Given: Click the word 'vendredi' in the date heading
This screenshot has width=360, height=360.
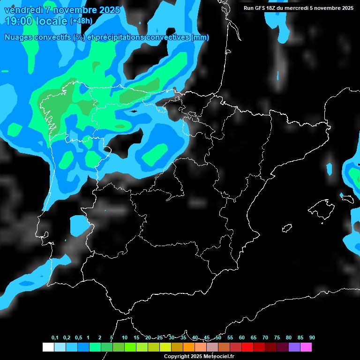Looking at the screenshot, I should click(22, 10).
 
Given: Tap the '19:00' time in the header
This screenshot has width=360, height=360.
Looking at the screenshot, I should click(19, 21).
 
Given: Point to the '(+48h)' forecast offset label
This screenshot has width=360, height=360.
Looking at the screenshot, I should click(81, 21).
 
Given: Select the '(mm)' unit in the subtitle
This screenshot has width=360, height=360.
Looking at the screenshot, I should click(200, 37).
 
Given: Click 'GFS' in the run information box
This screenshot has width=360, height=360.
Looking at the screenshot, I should click(258, 8).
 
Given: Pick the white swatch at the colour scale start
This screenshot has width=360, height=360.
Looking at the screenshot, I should click(48, 347).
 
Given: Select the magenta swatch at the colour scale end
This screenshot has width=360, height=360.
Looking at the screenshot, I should click(306, 347).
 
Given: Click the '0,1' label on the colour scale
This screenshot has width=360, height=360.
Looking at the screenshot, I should click(55, 337).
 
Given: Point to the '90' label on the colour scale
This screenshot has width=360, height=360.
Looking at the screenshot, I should click(312, 337).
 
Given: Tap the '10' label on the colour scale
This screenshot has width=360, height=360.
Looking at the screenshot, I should click(124, 337).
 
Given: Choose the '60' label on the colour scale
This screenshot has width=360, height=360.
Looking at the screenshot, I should click(241, 337).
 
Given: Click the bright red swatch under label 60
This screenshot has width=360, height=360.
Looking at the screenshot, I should click(247, 347).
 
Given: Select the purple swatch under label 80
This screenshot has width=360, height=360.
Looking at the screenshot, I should click(294, 347).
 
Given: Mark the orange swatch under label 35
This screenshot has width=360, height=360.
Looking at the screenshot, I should click(188, 347).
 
